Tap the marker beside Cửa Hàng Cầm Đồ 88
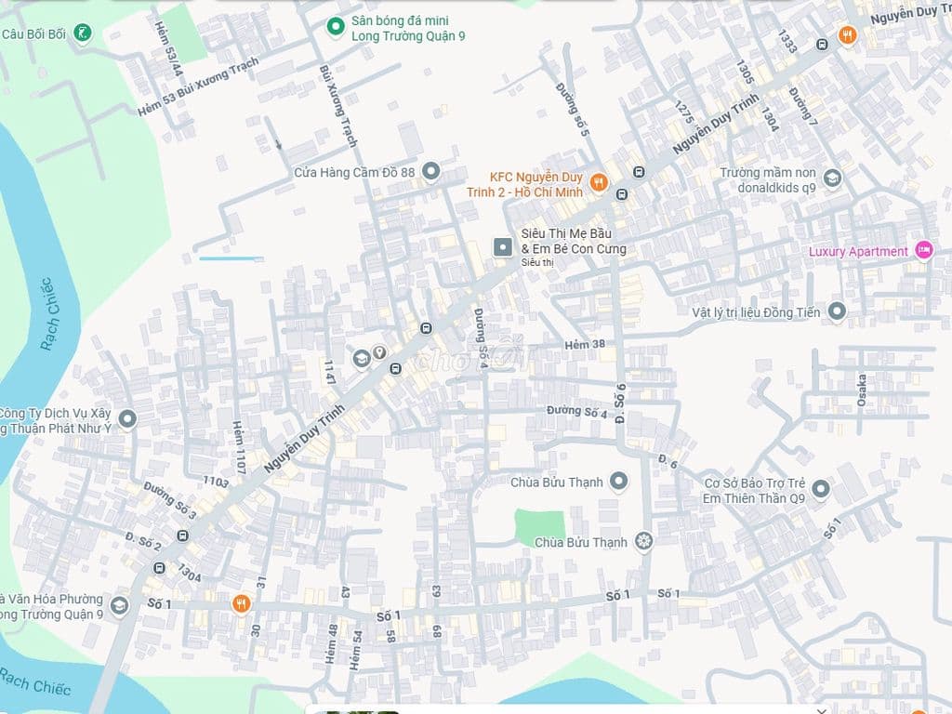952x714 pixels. (x=430, y=171)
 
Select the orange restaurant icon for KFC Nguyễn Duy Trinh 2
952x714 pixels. (x=599, y=182)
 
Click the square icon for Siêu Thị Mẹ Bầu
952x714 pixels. (x=502, y=246)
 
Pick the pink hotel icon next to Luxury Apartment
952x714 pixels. (x=923, y=251)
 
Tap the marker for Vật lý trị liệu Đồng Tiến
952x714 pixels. (x=837, y=312)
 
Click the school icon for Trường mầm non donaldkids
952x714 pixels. (x=832, y=178)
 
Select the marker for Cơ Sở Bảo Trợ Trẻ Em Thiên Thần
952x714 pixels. (x=820, y=489)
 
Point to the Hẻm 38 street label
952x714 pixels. (x=585, y=345)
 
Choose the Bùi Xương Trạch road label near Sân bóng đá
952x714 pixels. (x=337, y=105)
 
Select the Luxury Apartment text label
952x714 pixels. (x=858, y=252)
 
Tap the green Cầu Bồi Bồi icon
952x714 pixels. (x=84, y=34)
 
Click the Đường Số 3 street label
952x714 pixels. (x=169, y=500)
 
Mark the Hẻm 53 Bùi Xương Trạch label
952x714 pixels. (x=198, y=88)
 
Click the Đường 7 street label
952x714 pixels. (x=803, y=107)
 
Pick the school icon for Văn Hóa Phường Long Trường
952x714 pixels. (x=118, y=607)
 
